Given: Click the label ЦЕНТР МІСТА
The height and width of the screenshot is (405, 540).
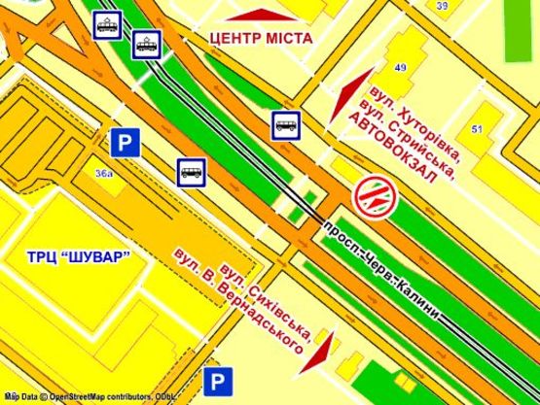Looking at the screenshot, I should point(261,38).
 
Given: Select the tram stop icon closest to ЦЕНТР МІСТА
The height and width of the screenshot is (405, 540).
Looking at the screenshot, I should point(147,44).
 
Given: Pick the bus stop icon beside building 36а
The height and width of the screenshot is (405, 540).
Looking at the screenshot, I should point(191,172).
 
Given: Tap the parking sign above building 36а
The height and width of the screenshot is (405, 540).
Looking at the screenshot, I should point(123,143).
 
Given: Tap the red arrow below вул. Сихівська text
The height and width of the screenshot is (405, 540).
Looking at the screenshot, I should point(321,353).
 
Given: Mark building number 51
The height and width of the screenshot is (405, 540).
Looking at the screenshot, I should point(477,130).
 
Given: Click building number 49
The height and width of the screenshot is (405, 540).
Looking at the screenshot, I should point(401,67).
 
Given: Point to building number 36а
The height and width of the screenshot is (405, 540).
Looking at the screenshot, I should point(104,173).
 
